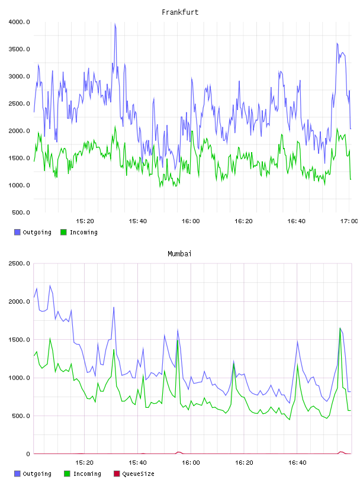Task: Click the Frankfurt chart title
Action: coord(180,12)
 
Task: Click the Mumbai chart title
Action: coord(179,254)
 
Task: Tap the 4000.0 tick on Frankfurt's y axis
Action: coord(20,22)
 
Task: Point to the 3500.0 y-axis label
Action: coord(20,49)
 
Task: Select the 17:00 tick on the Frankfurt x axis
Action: coord(349,221)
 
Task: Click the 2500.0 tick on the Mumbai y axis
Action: coord(20,263)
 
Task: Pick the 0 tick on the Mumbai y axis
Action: coord(28,454)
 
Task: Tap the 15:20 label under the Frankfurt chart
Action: coord(85,221)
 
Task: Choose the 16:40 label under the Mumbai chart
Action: coord(297,463)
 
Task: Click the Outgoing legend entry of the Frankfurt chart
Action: coord(37,232)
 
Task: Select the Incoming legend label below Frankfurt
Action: coord(83,232)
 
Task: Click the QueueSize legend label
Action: coord(138,474)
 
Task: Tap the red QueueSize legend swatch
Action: coord(117,474)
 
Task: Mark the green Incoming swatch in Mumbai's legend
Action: coord(67,474)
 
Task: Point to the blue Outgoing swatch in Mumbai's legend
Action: coord(17,474)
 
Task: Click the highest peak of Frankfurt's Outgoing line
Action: coord(115,24)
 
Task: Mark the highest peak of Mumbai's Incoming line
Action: coord(340,329)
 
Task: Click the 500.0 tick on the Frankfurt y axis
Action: coord(21,212)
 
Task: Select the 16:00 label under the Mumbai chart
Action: coord(191,463)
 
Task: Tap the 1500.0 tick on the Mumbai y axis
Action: coord(20,340)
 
